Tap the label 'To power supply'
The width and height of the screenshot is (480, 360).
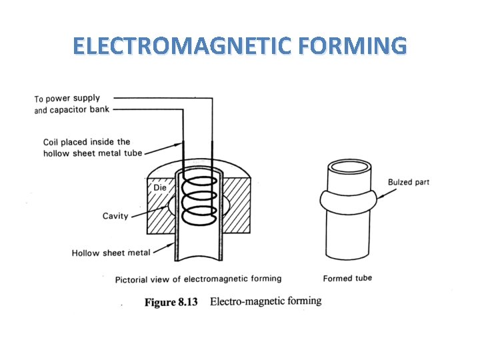pos(67,99)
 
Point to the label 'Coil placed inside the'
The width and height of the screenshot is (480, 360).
pos(87,142)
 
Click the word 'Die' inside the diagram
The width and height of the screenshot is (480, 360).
pos(160,188)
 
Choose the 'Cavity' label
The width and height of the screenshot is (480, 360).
pos(115,216)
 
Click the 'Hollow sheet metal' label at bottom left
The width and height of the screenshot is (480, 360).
pos(111,253)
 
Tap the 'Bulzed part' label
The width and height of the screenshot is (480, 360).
pos(409,183)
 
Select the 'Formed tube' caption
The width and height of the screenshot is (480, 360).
pos(347,278)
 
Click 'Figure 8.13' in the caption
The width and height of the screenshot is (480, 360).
pos(171,302)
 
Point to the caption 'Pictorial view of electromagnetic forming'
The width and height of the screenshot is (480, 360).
pos(198,279)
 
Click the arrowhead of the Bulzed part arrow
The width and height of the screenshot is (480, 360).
pos(377,197)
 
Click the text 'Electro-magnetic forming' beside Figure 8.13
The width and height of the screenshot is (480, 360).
pos(265,301)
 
